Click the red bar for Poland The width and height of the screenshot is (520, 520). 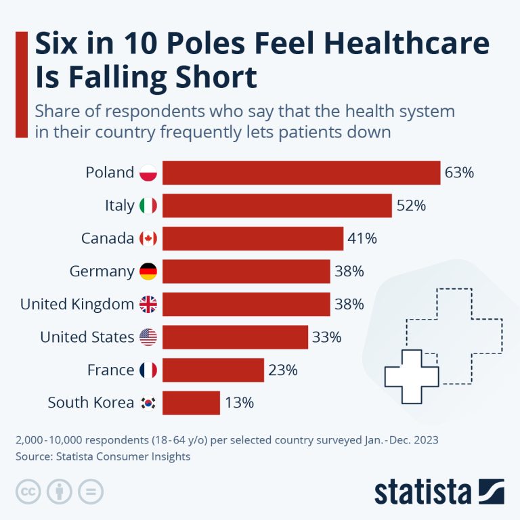click(x=301, y=173)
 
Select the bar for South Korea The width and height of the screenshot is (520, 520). click(x=191, y=403)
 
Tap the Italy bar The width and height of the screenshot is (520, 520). click(x=277, y=206)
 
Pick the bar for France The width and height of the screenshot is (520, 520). click(x=213, y=370)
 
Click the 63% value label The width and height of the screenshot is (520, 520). click(x=459, y=173)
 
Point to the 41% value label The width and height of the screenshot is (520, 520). click(x=362, y=238)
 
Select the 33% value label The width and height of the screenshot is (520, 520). click(x=326, y=337)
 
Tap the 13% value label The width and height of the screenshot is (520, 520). click(x=239, y=403)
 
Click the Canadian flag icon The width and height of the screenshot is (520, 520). click(x=148, y=238)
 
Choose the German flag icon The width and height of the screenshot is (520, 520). click(x=148, y=272)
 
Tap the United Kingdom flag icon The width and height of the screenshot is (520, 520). click(x=148, y=305)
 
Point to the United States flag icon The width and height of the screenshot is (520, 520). click(x=148, y=337)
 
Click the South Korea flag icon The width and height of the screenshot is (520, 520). click(x=148, y=403)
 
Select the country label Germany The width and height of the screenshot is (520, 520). click(x=102, y=272)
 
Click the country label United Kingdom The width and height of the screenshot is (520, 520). click(x=77, y=305)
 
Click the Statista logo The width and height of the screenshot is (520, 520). click(x=439, y=492)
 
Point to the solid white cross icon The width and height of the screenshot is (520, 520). click(x=412, y=377)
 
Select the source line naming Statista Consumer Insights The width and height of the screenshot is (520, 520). click(x=103, y=456)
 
